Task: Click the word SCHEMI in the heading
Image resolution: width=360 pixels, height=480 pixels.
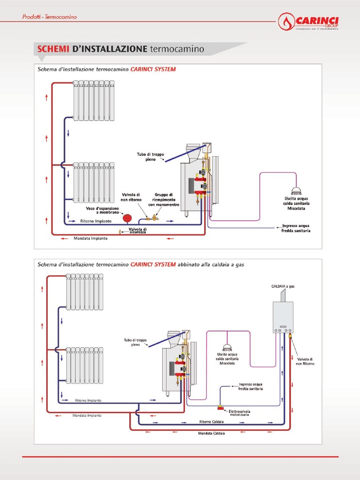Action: click(x=53, y=49)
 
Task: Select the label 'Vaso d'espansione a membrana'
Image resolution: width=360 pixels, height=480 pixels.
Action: click(x=102, y=210)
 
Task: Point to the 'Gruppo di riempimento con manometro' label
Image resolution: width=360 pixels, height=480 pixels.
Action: click(x=164, y=200)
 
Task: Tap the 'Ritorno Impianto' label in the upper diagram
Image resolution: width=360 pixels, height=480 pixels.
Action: click(x=96, y=221)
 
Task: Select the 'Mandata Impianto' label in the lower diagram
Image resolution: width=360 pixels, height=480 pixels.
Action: click(x=87, y=415)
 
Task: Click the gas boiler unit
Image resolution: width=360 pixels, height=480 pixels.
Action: click(x=283, y=317)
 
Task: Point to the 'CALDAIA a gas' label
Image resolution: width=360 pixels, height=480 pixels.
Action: click(x=283, y=286)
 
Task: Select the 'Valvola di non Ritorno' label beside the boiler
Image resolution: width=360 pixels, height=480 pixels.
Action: click(x=305, y=361)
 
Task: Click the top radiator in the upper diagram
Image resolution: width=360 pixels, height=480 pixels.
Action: click(x=94, y=100)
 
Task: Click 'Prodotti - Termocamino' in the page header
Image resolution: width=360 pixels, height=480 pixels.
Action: click(x=50, y=17)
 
